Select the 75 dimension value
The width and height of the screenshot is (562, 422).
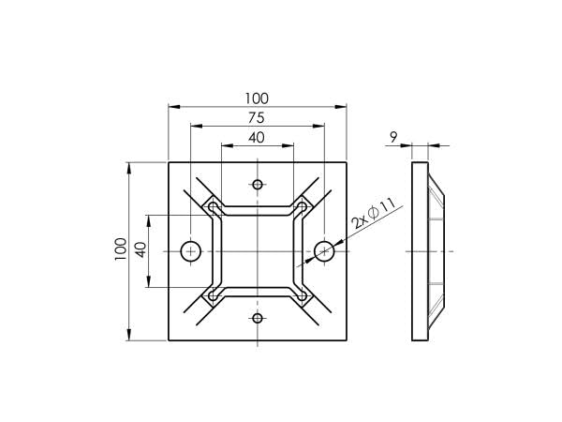[257, 118]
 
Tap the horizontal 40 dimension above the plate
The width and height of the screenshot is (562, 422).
[257, 138]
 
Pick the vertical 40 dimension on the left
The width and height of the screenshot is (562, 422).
[140, 250]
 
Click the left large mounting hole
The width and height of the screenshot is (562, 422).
[191, 250]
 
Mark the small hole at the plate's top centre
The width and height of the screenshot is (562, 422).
[258, 183]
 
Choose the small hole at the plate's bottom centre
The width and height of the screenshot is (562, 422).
[258, 318]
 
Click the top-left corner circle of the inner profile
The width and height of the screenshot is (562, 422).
[214, 207]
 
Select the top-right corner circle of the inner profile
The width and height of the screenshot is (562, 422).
[301, 207]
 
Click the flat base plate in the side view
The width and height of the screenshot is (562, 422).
[419, 250]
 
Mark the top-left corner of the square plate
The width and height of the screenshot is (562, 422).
[169, 162]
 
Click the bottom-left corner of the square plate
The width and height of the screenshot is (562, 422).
[169, 339]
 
